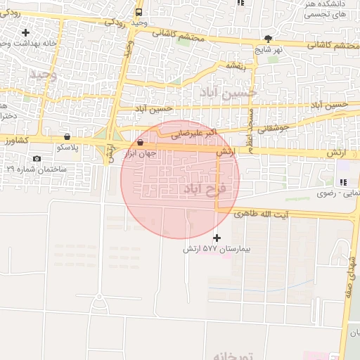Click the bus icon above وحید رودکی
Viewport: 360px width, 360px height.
(138, 13)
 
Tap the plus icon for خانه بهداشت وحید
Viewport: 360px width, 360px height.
(26, 32)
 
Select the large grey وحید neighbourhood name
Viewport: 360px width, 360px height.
(42, 75)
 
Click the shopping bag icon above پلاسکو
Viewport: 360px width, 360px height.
(67, 136)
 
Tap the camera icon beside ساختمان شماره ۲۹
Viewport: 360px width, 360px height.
(37, 159)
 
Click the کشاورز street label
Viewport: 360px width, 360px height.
(14, 141)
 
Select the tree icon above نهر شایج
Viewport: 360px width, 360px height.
(268, 39)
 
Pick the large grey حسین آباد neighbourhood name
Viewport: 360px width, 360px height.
(229, 92)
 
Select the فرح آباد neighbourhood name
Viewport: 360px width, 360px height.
(204, 190)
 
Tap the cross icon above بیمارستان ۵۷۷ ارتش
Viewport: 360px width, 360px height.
(217, 238)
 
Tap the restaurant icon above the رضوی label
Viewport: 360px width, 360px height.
(343, 182)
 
